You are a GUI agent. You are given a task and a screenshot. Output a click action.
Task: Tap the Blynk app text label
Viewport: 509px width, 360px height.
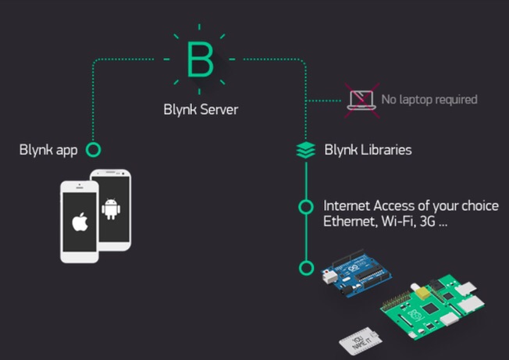(x=48, y=149)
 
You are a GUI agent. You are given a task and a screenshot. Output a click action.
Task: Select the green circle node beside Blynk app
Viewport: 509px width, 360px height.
(x=94, y=149)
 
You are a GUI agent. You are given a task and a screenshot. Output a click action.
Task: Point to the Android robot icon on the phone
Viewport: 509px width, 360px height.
(x=111, y=208)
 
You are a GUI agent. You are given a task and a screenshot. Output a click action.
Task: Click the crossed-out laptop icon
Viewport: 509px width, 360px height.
(x=361, y=100)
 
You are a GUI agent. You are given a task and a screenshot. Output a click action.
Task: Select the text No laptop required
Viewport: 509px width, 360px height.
(x=429, y=100)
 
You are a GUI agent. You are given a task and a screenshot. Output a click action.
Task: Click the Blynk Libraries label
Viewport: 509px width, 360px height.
(x=368, y=149)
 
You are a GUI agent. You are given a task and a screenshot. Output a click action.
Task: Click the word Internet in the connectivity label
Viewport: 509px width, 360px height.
(x=347, y=207)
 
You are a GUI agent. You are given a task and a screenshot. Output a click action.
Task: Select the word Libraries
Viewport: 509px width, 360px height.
(x=386, y=149)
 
